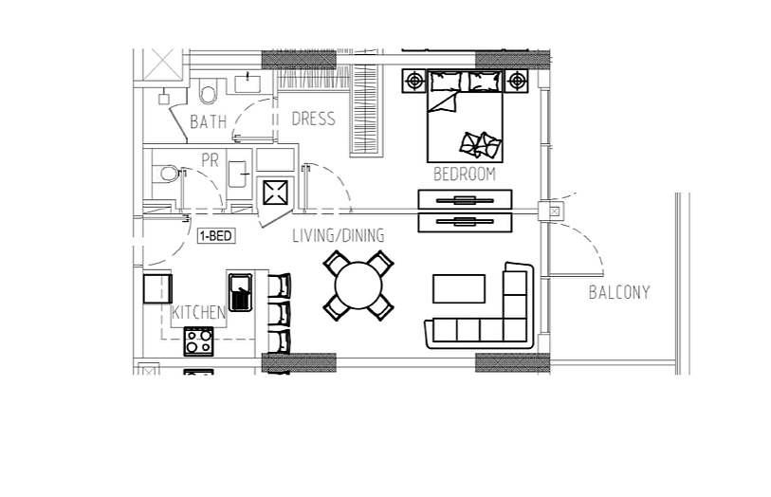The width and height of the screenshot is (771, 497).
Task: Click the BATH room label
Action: click(209, 121)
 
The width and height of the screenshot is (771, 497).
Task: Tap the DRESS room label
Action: click(313, 119)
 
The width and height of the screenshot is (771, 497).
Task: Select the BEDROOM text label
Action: click(465, 174)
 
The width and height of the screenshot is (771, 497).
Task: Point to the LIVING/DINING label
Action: click(339, 235)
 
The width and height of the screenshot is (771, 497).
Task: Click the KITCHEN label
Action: click(198, 312)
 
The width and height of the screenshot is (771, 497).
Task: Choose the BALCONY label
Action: click(619, 292)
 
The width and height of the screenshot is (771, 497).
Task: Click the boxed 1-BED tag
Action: click(216, 236)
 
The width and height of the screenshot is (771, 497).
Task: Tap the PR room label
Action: click(210, 160)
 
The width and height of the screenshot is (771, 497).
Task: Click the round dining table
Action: click(358, 285)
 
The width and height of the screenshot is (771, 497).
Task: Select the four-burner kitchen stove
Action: click(198, 341)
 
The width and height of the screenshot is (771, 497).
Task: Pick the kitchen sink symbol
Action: click(241, 292)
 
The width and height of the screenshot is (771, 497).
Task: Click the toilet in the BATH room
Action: click(208, 90)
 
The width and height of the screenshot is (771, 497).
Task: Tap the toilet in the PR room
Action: click(168, 174)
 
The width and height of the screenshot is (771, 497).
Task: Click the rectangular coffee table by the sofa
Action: click(459, 288)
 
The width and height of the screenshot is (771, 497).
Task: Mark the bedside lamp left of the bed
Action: click(414, 80)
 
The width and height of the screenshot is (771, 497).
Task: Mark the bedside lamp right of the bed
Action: click(516, 80)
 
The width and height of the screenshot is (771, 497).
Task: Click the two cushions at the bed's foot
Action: click(481, 145)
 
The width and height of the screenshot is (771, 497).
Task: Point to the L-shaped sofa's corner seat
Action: click(515, 329)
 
